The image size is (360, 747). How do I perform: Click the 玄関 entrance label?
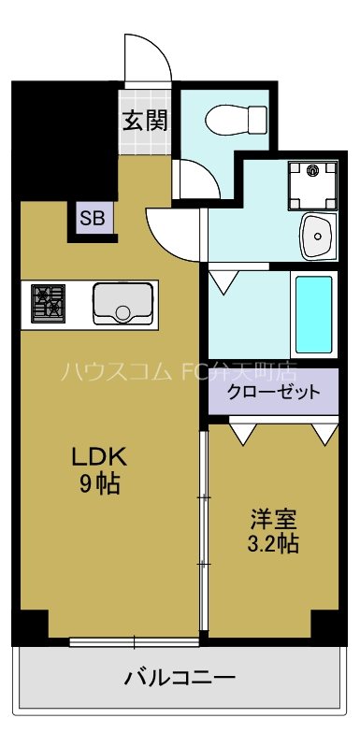pos(144,120)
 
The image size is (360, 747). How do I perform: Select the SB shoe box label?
pos(93,220)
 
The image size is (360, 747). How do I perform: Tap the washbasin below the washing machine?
pos(318,237)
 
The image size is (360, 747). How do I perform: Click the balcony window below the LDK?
pos(134,641)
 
